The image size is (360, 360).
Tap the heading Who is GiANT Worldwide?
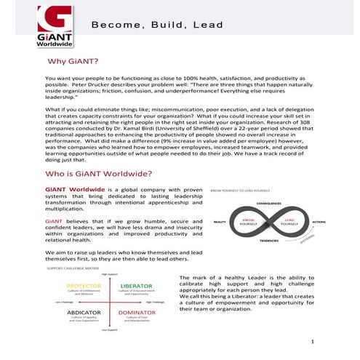click(x=98, y=174)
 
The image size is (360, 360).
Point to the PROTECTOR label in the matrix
click(x=84, y=286)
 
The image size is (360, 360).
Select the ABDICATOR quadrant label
click(x=84, y=313)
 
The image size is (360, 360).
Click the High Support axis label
click(x=110, y=274)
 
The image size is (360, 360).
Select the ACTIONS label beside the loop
click(x=319, y=221)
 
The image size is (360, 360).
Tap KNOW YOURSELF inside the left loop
click(x=249, y=221)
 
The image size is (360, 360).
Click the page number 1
click(x=311, y=341)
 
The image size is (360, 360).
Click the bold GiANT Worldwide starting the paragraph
click(x=69, y=189)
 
